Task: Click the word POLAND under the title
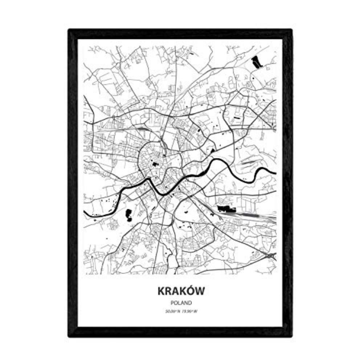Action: tap(181, 302)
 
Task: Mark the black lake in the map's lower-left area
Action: tap(128, 215)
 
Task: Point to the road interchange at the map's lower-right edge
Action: tap(270, 256)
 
